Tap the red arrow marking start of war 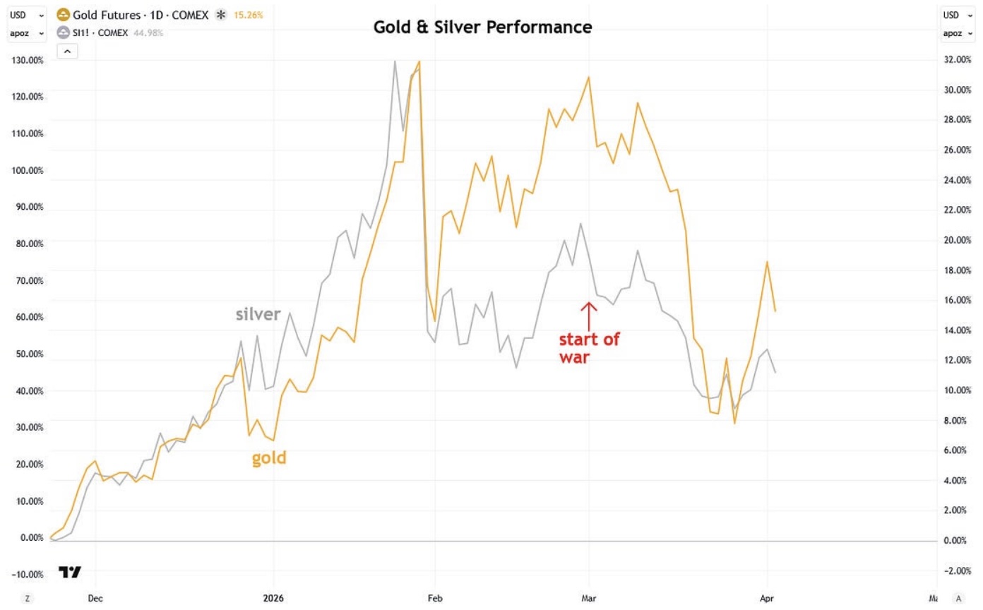pyautogui.click(x=589, y=313)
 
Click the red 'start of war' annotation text pyautogui.click(x=589, y=348)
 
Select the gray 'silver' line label pyautogui.click(x=258, y=314)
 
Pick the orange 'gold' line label pyautogui.click(x=269, y=458)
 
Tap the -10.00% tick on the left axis pyautogui.click(x=28, y=574)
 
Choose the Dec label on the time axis pyautogui.click(x=95, y=598)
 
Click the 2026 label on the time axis pyautogui.click(x=274, y=598)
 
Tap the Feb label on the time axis pyautogui.click(x=436, y=598)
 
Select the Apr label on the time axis pyautogui.click(x=767, y=598)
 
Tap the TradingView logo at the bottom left pyautogui.click(x=69, y=572)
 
